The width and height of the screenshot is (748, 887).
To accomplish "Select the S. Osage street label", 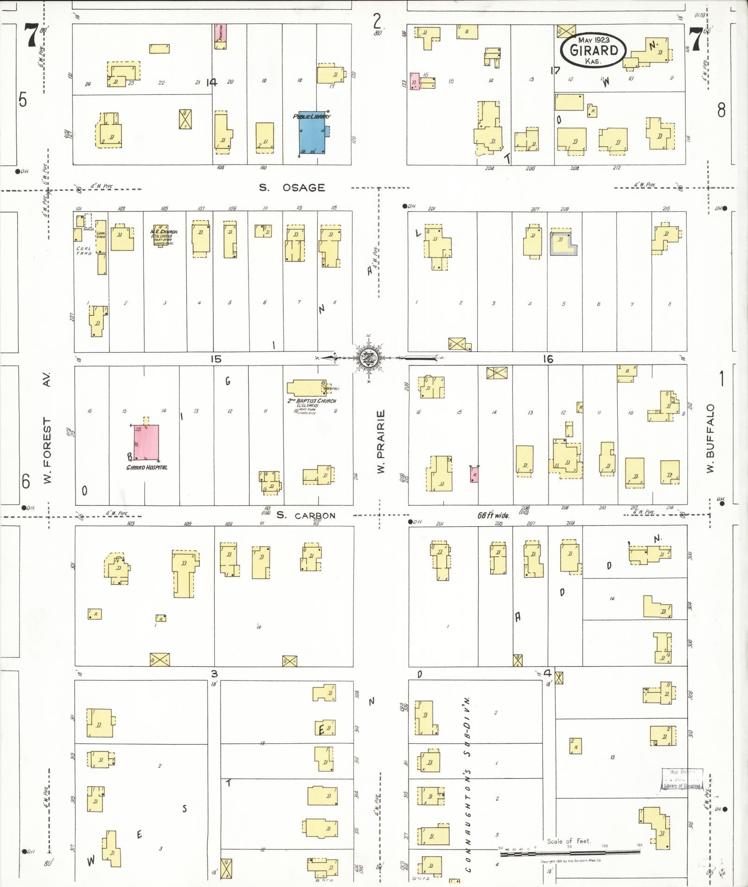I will click(292, 188).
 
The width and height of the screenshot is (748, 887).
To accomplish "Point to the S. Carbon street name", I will click(306, 515).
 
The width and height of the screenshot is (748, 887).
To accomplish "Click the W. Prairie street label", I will click(381, 441).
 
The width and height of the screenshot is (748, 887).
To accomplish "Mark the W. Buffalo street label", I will click(711, 438).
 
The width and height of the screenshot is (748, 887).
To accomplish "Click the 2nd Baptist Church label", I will click(312, 401).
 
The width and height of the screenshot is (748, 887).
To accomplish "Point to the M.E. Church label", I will click(164, 231).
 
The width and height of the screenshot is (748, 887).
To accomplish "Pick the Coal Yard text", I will click(84, 251).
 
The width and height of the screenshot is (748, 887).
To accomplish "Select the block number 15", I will click(216, 358).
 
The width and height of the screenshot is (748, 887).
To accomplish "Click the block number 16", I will click(548, 358).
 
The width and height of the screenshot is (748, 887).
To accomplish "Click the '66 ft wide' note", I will click(493, 515).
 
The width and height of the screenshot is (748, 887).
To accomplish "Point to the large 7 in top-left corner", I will click(31, 36).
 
